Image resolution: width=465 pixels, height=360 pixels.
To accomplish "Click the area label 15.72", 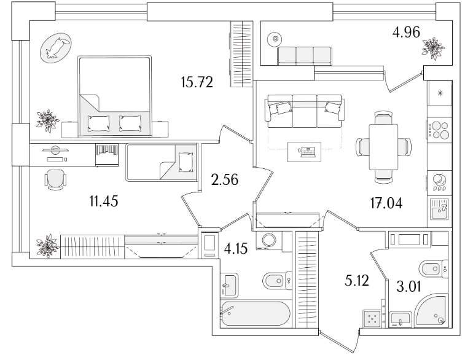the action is click(197, 82).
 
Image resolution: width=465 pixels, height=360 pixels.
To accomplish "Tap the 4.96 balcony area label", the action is click(406, 32).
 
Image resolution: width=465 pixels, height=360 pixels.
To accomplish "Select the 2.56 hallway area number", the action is click(225, 180).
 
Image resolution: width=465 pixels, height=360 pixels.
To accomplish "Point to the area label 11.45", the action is click(104, 202).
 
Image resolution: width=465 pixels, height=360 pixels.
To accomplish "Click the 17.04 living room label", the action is click(386, 203).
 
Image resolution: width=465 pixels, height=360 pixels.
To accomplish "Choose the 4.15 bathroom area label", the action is click(235, 248).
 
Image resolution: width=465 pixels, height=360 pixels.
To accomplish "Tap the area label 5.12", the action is click(357, 280).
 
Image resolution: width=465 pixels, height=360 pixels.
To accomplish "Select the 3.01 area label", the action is click(408, 287).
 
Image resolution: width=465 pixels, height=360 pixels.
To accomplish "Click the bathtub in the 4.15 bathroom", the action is click(256, 313).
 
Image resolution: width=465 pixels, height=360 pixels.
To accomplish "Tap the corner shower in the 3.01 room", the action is click(431, 310).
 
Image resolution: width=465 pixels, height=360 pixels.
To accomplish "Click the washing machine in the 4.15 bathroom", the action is click(269, 240).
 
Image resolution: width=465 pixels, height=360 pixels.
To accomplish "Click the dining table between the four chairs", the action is click(383, 147).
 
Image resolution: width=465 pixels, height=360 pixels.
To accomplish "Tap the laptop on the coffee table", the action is click(307, 152).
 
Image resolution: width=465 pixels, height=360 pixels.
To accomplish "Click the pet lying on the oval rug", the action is click(56, 48).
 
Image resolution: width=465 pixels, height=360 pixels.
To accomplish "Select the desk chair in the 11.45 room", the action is click(55, 179).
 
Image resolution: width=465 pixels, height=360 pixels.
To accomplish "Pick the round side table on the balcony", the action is click(275, 39).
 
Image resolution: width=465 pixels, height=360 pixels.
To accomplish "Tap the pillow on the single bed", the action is click(186, 162).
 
